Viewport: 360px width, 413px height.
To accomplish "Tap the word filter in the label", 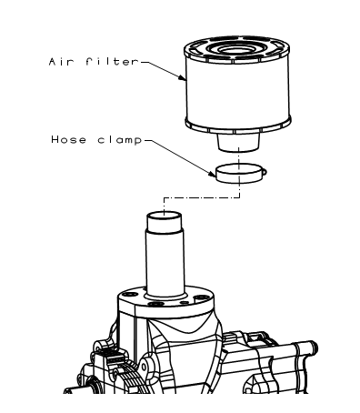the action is coord(112,62).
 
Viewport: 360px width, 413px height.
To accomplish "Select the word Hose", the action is coord(69,140).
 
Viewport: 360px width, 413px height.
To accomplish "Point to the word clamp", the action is coord(120,140).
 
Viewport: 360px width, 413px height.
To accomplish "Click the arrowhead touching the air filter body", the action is coord(182,78).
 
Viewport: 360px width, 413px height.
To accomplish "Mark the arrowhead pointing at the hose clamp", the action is coord(212,174).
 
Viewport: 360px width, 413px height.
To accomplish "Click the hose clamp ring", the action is coord(240,174).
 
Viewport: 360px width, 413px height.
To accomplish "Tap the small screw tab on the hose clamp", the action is coord(265,172).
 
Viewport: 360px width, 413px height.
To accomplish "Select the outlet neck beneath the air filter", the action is coord(238,142).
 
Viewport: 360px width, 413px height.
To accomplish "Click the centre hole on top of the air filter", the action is coord(236,49).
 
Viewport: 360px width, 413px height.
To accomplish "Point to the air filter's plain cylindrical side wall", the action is coord(238,91).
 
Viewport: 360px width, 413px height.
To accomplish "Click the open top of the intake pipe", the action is coord(165,216).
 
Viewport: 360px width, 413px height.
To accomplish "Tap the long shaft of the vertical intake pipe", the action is coord(165,262).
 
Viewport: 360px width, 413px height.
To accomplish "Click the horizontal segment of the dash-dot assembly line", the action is coord(202,198).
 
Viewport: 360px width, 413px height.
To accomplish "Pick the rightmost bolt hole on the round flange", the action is coord(201,297).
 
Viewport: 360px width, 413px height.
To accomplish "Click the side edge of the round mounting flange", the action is coord(166,311).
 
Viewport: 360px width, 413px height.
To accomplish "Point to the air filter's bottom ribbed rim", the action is coord(238,126).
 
